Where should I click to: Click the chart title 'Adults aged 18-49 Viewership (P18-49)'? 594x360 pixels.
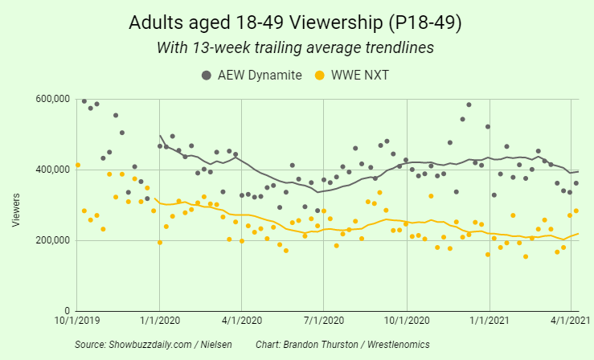coord(295,22)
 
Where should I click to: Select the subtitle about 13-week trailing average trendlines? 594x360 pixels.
coord(295,48)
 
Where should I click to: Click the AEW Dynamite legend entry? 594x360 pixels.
coord(252,75)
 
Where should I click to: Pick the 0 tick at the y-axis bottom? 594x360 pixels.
coord(68,311)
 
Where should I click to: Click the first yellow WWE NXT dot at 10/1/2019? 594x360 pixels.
coord(77,166)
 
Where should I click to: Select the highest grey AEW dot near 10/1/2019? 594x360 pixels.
coord(84,101)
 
